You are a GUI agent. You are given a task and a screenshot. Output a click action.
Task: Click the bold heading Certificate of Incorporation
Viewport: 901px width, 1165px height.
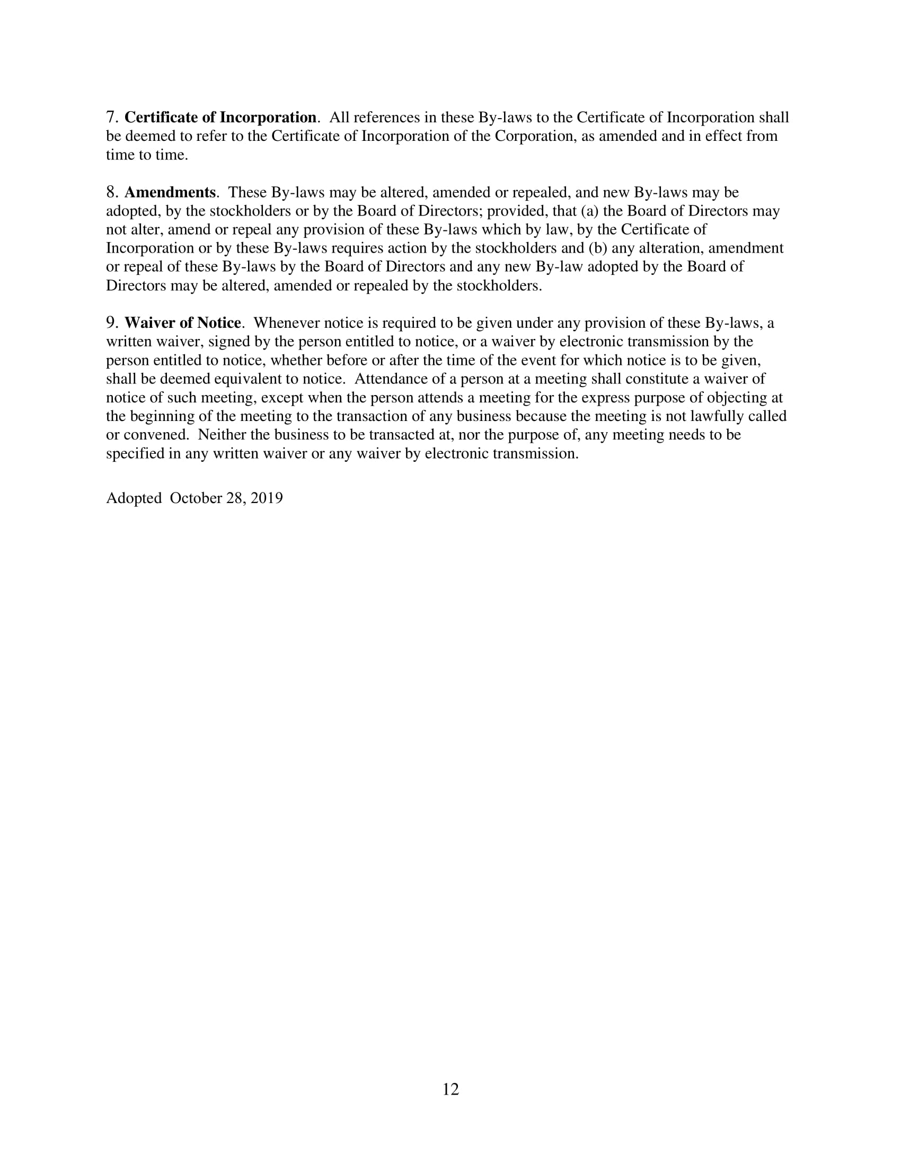pyautogui.click(x=220, y=118)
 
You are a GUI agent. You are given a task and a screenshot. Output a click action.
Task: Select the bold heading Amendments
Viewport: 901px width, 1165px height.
pyautogui.click(x=170, y=192)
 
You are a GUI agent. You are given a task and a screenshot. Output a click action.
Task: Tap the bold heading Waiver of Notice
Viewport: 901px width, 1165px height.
pyautogui.click(x=182, y=322)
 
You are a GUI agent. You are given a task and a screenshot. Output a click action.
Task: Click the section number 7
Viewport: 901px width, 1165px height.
pyautogui.click(x=111, y=118)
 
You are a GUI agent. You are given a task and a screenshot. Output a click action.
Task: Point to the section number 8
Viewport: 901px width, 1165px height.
pyautogui.click(x=111, y=192)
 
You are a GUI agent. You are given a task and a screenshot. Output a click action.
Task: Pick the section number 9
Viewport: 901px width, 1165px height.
pyautogui.click(x=111, y=322)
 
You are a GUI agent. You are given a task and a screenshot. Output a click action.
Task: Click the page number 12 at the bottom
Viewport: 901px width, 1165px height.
pyautogui.click(x=450, y=1089)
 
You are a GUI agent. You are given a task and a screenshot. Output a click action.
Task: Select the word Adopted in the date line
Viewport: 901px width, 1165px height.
pyautogui.click(x=134, y=498)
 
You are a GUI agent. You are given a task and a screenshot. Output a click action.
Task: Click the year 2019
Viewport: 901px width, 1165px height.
pyautogui.click(x=267, y=498)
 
